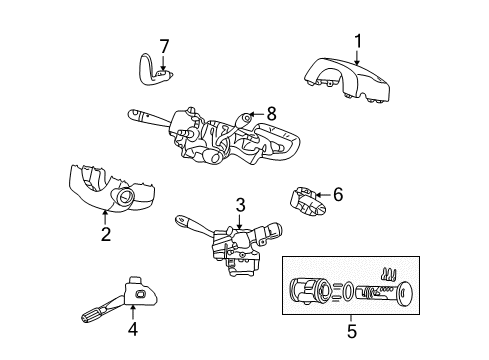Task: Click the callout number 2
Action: pos(104,235)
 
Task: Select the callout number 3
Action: pos(240,205)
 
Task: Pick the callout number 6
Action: pos(337,195)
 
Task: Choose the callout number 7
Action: pos(165,46)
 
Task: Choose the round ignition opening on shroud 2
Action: pos(127,199)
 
